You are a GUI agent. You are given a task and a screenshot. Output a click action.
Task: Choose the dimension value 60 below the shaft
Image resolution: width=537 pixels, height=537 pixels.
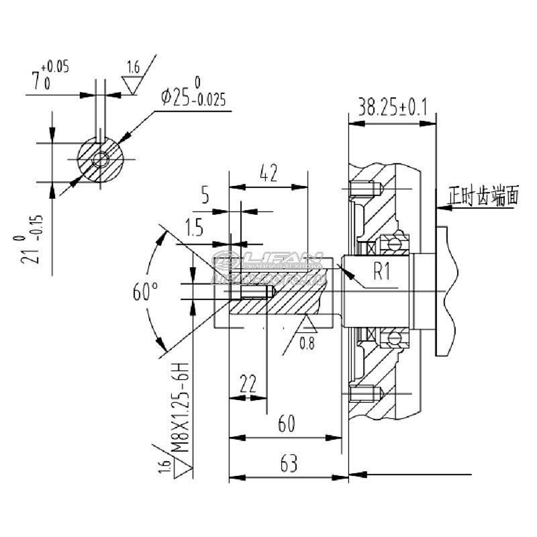[287, 424]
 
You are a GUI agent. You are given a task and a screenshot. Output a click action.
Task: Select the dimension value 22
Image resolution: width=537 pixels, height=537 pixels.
[248, 383]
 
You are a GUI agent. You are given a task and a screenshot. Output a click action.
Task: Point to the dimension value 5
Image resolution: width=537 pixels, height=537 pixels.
[205, 197]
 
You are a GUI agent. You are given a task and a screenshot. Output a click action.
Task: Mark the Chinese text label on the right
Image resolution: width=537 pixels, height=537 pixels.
[484, 197]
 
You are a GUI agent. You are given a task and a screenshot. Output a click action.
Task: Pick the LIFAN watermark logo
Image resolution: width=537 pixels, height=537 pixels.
[268, 266]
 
